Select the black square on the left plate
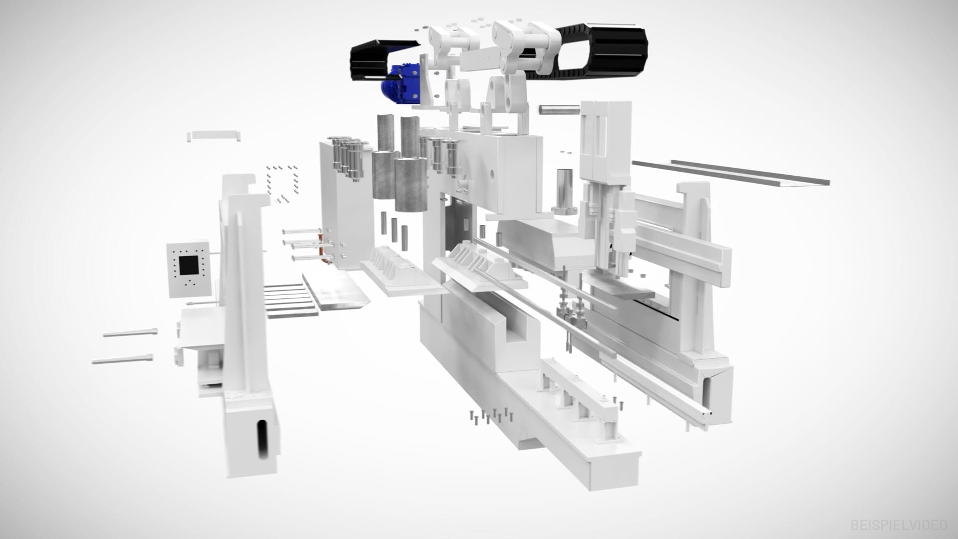click(x=190, y=266)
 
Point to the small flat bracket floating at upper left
click(x=214, y=135)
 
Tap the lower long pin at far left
click(x=123, y=359)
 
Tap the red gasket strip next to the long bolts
click(x=325, y=247)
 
